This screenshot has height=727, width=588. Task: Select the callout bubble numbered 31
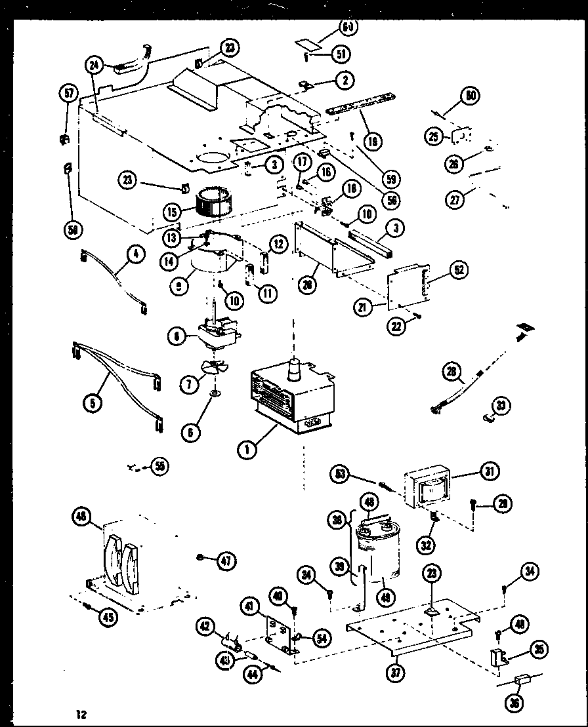[x=489, y=471]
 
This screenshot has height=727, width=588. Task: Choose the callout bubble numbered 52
[x=459, y=270]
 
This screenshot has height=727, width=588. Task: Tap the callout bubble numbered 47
[x=226, y=560]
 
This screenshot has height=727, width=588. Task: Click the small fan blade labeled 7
[x=215, y=369]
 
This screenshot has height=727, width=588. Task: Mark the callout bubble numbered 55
[x=159, y=466]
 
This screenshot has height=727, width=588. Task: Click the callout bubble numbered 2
[x=344, y=80]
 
